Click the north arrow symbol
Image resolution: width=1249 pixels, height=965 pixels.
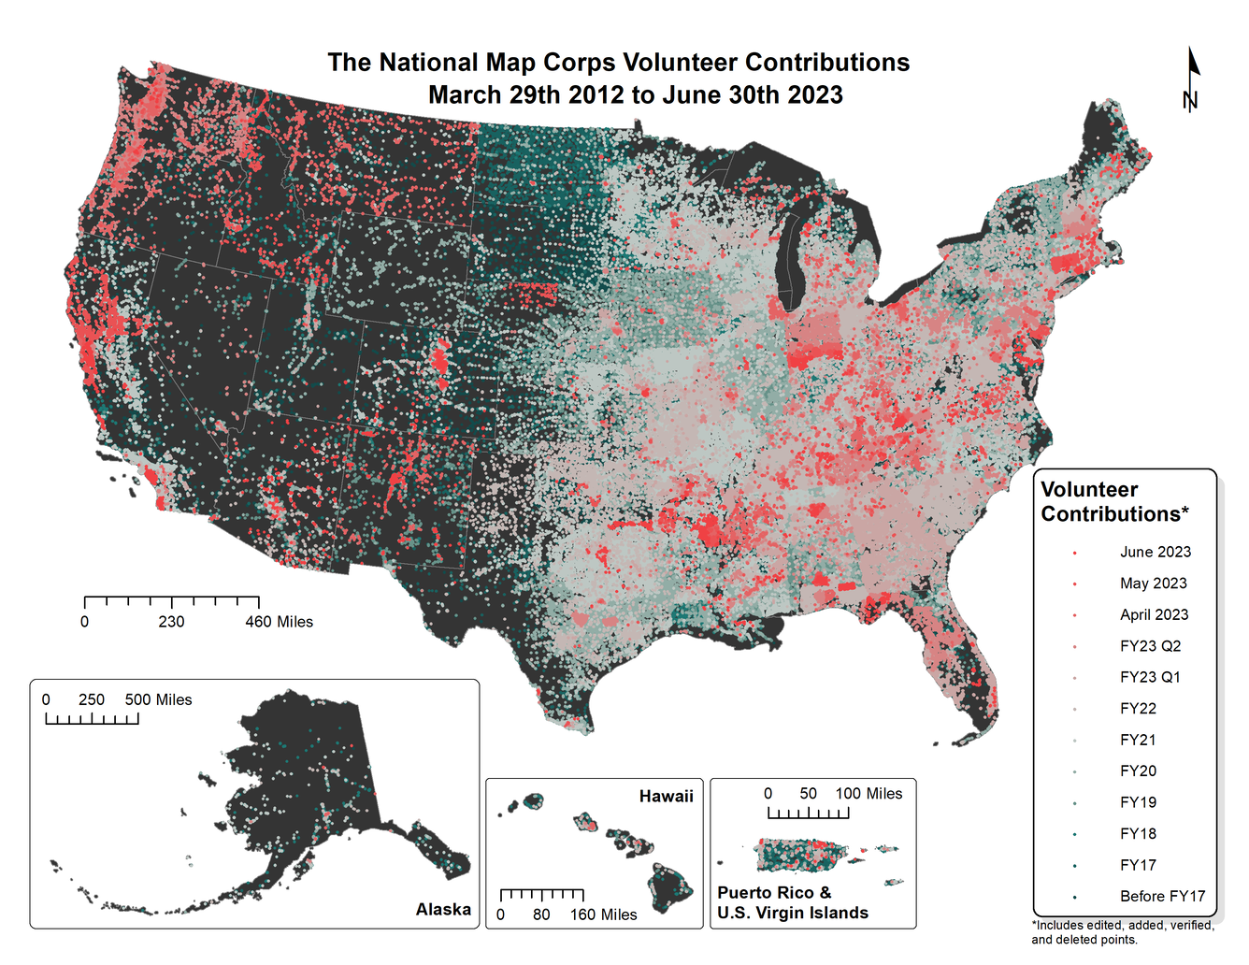click(1191, 79)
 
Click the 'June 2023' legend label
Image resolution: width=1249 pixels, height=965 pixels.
click(1156, 552)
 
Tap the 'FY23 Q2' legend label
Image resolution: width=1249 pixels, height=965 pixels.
click(1150, 646)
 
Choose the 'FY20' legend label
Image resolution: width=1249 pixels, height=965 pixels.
click(1138, 771)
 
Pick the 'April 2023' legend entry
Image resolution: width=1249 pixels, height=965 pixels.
click(1154, 614)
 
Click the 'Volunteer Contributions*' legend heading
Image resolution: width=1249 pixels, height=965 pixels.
click(1114, 502)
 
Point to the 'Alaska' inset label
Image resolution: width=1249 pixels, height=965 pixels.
click(443, 909)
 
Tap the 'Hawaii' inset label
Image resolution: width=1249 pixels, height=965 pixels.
click(666, 796)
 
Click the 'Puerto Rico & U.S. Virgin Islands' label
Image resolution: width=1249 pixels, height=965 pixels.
click(793, 902)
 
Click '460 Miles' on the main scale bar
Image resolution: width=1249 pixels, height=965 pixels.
click(279, 622)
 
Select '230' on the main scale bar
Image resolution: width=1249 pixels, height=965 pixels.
click(171, 622)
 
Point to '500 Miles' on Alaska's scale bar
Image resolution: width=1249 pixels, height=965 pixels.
click(158, 699)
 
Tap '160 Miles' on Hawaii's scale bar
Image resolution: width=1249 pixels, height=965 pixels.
click(603, 915)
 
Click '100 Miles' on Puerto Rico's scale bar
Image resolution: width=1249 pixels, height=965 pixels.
click(869, 793)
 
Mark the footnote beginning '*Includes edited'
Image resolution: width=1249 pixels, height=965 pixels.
click(1122, 932)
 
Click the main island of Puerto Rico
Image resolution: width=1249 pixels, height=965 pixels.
click(799, 855)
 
